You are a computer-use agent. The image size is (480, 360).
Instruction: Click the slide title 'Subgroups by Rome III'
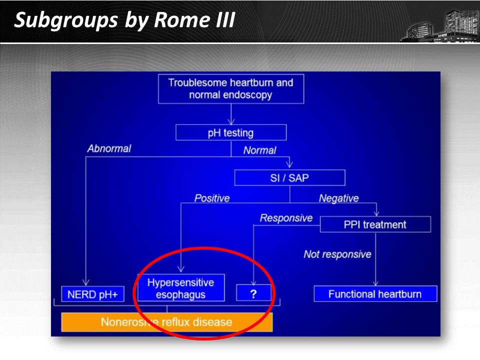124,20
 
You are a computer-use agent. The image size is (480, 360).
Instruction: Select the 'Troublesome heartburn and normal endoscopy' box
231,89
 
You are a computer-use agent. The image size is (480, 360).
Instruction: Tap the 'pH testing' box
231,132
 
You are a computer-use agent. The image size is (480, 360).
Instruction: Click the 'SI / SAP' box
290,177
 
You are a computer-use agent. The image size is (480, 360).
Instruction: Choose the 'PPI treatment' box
375,224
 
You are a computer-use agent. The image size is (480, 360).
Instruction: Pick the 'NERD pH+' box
93,294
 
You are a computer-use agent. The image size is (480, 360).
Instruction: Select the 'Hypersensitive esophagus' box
181,288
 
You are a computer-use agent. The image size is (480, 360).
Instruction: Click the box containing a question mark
254,293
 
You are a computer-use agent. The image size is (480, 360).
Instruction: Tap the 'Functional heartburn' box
375,294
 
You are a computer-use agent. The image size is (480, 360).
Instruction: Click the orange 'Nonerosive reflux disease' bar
167,322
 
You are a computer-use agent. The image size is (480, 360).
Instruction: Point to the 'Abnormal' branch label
109,148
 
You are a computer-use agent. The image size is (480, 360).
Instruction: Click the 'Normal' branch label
260,150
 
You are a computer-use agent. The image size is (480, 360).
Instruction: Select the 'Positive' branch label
212,198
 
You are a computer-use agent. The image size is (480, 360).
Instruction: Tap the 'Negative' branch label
339,198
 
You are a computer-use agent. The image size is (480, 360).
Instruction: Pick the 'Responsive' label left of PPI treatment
286,218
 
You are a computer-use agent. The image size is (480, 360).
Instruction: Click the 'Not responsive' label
337,254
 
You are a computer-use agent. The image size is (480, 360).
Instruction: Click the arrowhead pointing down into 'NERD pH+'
86,282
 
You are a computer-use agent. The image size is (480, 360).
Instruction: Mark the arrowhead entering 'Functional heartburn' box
375,283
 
